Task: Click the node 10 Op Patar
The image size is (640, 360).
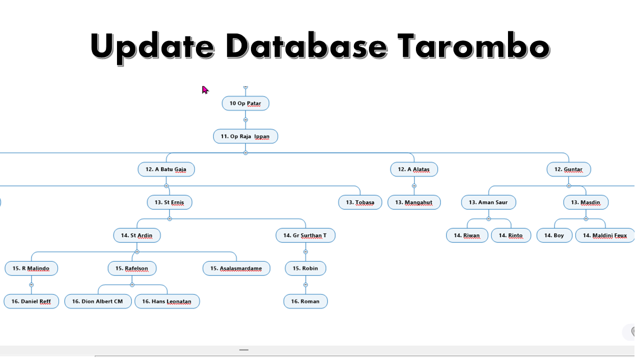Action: coord(245,103)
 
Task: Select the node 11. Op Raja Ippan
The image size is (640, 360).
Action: coord(245,136)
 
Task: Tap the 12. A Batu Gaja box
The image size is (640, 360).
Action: coord(166,169)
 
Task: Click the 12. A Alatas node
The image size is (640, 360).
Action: coord(413,169)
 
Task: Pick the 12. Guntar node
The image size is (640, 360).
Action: coord(568,169)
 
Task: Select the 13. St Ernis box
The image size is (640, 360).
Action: coord(169,202)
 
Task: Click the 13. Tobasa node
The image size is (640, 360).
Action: coord(360,202)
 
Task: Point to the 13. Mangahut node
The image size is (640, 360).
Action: coord(413,202)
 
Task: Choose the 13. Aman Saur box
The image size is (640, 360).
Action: coord(488,202)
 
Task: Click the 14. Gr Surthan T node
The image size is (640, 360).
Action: coord(305,235)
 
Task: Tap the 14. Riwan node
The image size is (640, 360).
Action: coord(466,235)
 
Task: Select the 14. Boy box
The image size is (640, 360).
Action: coord(554,235)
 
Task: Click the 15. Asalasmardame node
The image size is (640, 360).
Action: coord(236,268)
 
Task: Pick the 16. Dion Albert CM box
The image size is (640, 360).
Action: coord(97,301)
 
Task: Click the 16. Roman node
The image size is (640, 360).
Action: coord(305,301)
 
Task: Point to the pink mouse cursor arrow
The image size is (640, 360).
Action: coord(204,89)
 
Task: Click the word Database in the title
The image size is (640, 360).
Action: coord(306,45)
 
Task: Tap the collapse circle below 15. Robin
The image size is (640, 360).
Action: coord(305,285)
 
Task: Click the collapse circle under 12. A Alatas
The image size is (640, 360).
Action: coord(414,186)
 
